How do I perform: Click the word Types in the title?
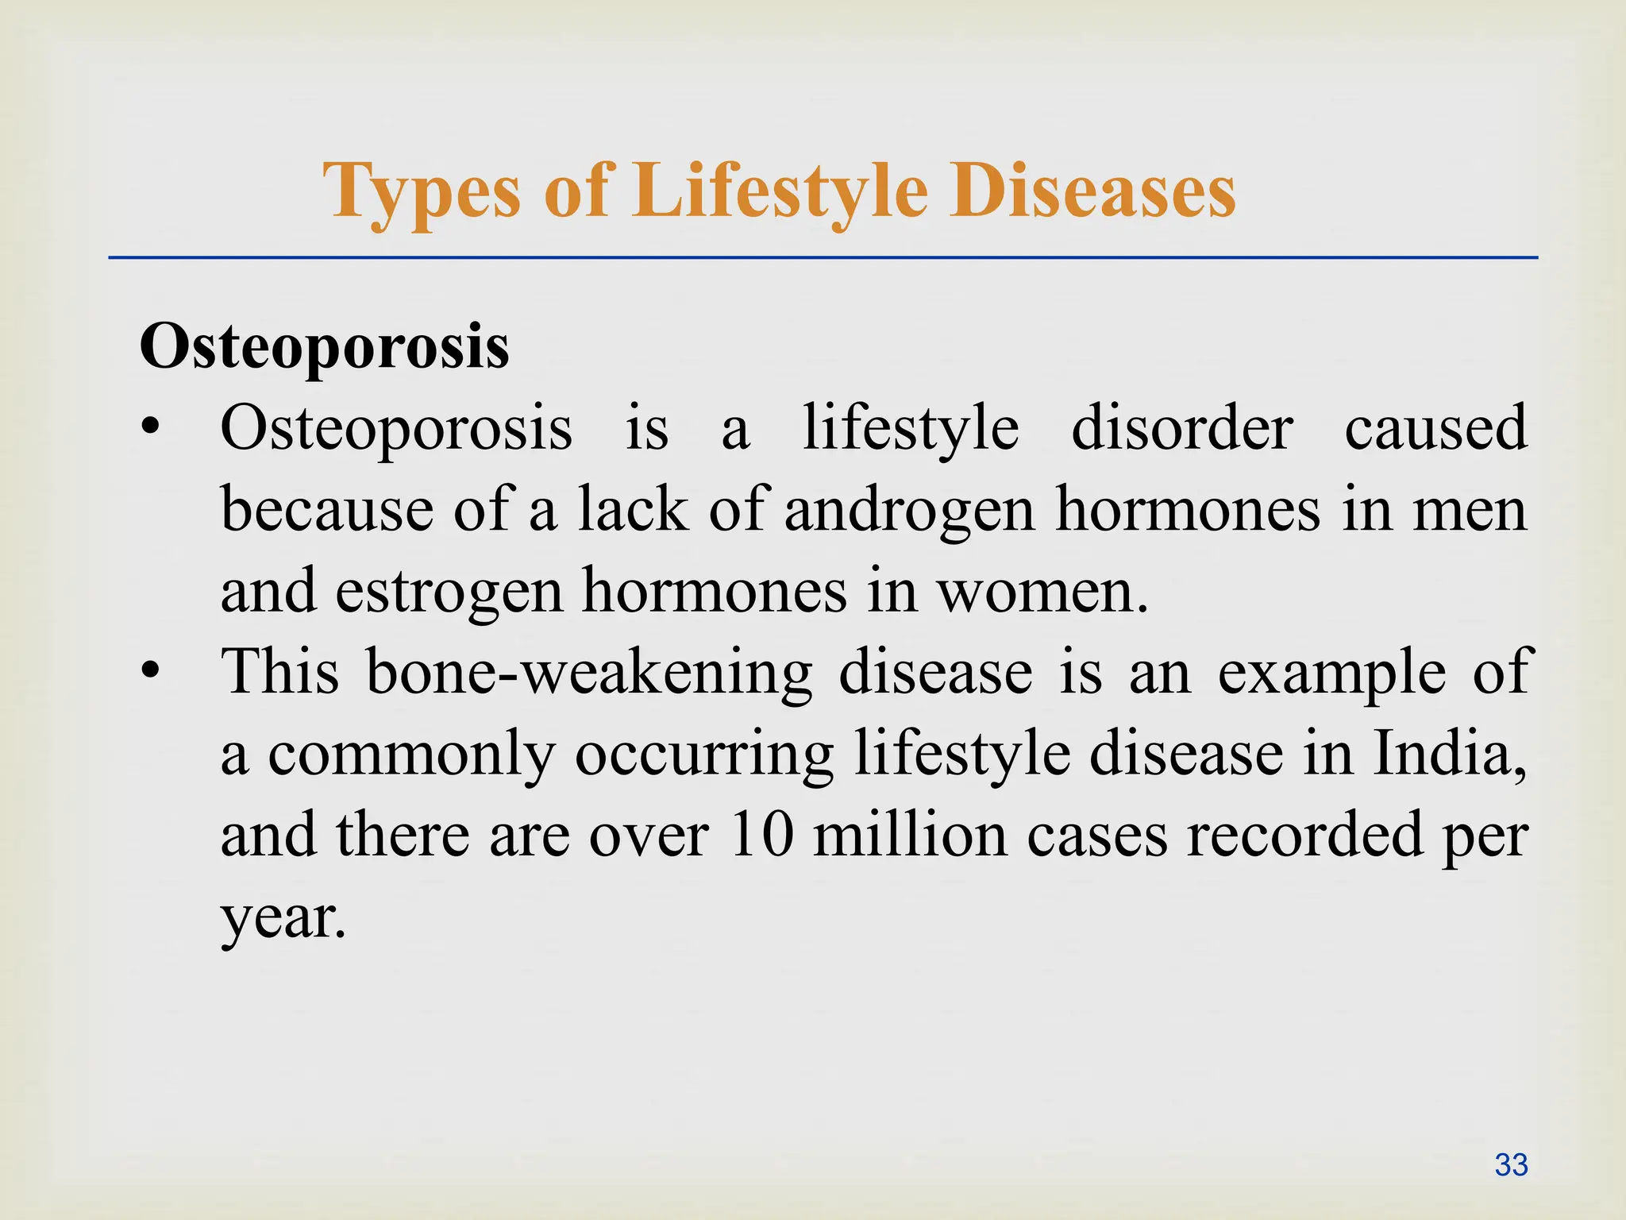click(421, 192)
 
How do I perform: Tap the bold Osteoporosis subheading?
click(324, 348)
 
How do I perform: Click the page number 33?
click(1510, 1165)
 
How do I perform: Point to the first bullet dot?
click(152, 430)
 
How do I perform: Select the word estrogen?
click(449, 593)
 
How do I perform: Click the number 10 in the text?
click(761, 836)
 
